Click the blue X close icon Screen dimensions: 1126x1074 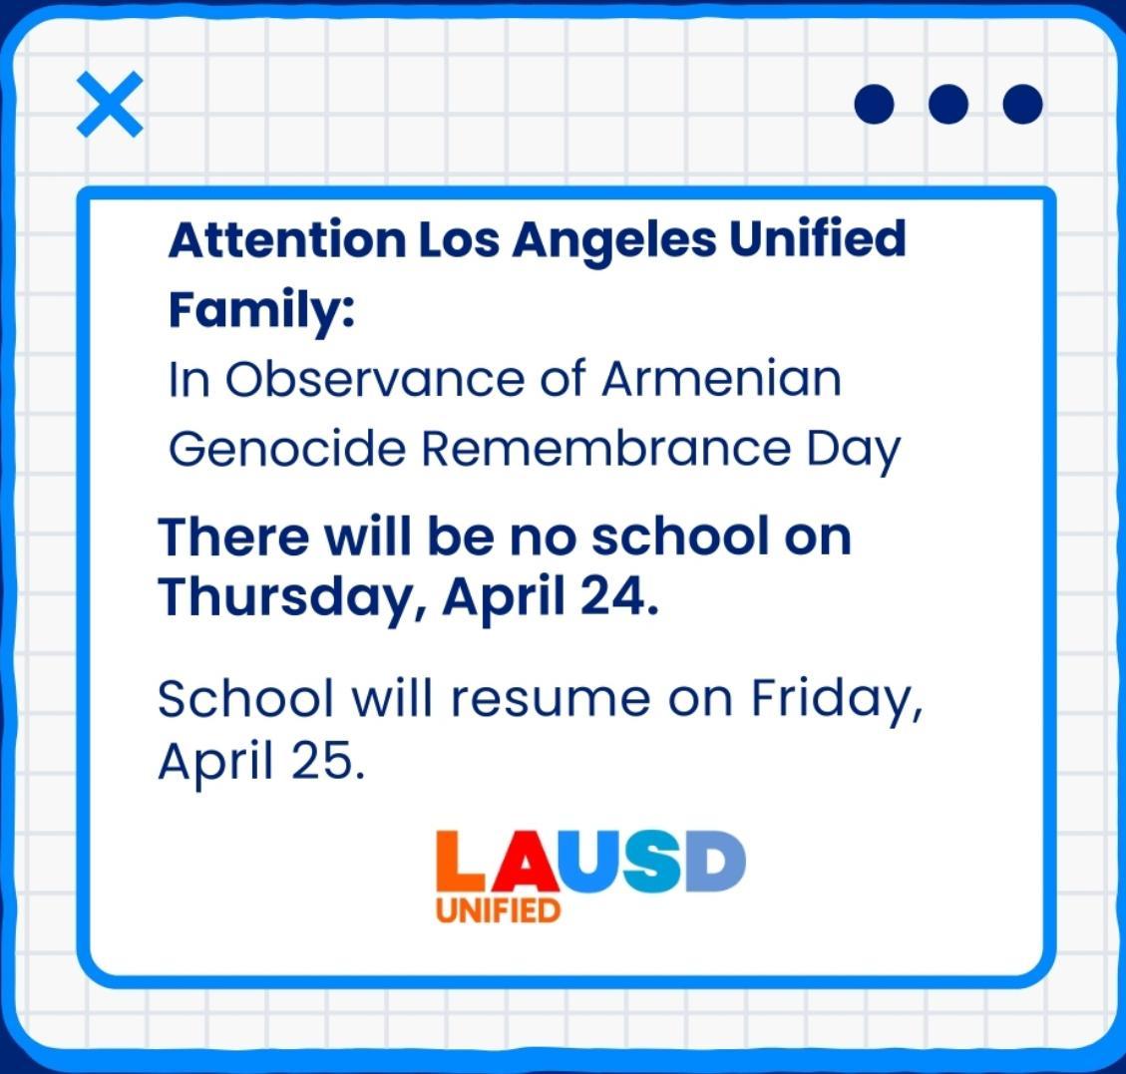pos(110,104)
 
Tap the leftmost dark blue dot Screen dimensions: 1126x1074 pos(874,104)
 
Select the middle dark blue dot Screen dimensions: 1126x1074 pos(947,104)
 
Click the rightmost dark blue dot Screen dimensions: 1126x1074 pos(1022,104)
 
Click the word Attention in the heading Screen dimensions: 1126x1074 pos(287,239)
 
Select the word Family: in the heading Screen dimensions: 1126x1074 pos(261,310)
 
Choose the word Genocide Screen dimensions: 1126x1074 pos(287,449)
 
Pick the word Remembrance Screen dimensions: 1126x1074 pos(605,449)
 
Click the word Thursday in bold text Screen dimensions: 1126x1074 pos(292,598)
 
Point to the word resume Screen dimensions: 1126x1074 pos(551,699)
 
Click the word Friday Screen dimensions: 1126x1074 pos(837,701)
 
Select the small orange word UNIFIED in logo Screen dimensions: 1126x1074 pos(498,910)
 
